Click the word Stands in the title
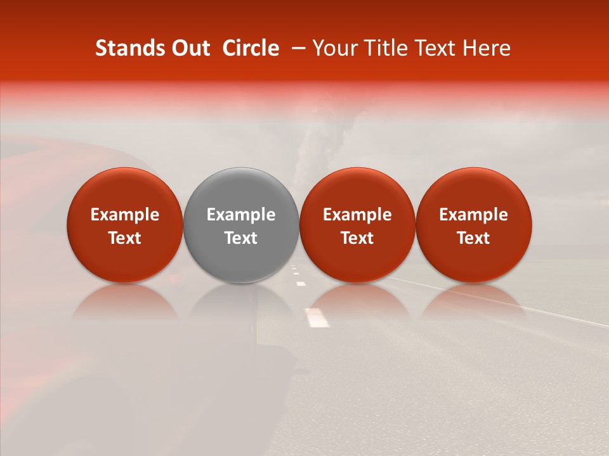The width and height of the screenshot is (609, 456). (x=129, y=48)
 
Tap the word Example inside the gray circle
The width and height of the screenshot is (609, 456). (x=241, y=215)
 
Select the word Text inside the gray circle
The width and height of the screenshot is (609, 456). (x=241, y=238)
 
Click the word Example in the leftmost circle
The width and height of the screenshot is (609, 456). (x=125, y=215)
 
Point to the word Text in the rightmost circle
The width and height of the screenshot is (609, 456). (x=474, y=238)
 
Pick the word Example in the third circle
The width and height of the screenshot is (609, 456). (x=357, y=215)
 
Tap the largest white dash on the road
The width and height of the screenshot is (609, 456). (x=317, y=317)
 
